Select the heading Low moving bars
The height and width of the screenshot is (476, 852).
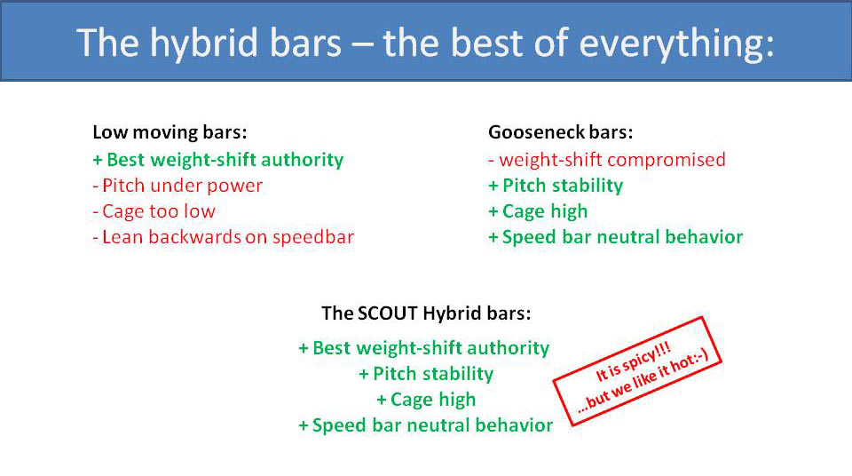(x=170, y=133)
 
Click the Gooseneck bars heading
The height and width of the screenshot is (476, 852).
(x=561, y=133)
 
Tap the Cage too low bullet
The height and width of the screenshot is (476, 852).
(x=154, y=211)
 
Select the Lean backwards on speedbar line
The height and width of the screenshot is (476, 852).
(x=223, y=237)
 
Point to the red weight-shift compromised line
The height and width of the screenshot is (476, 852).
(x=607, y=160)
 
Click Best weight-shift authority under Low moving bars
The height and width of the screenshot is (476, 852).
(x=217, y=160)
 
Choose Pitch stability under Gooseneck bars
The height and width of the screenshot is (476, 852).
(x=556, y=186)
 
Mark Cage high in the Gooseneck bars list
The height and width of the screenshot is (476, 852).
(x=538, y=211)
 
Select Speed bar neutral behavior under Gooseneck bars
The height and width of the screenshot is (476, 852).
(x=615, y=237)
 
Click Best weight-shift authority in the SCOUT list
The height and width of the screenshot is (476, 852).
(x=424, y=348)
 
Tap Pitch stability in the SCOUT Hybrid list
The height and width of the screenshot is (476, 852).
(x=426, y=374)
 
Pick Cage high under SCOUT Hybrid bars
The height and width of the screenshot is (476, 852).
(x=426, y=400)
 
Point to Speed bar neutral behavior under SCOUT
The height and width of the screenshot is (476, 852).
(x=425, y=425)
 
